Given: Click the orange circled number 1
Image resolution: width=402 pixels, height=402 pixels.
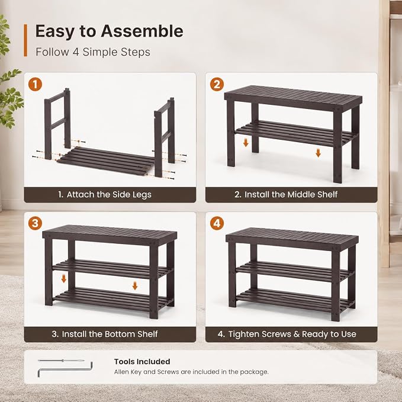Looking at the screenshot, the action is tap(35, 84).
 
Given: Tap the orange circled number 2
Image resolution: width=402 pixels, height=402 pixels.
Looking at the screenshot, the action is tap(217, 84).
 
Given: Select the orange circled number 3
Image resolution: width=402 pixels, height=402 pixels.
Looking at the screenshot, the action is tap(35, 223).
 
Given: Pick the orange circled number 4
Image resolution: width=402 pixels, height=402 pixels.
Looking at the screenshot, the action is tap(217, 223).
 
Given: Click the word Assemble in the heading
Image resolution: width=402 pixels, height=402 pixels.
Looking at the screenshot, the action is tap(142, 31).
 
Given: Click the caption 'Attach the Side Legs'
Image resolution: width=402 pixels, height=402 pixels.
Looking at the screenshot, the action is tap(109, 195).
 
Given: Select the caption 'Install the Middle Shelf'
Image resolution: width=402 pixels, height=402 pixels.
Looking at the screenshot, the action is tap(291, 195).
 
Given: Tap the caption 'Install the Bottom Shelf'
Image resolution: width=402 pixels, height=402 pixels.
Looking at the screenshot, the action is tap(110, 334).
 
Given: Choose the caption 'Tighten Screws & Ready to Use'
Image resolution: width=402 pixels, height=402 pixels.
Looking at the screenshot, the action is tap(292, 334).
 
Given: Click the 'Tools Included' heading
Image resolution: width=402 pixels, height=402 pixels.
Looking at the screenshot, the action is tap(142, 362).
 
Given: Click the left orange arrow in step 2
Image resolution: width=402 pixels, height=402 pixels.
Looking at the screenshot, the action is tap(246, 142).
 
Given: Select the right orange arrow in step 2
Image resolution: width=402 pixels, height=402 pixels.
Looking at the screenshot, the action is tap(318, 153).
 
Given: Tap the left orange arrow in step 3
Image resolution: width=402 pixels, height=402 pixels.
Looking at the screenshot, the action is tap(64, 279).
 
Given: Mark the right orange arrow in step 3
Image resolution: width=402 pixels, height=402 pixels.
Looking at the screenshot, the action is tap(135, 285).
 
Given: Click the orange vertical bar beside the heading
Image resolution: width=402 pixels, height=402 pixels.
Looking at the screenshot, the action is tap(25, 40).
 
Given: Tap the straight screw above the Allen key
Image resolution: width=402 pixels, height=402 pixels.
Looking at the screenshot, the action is tap(61, 361).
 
